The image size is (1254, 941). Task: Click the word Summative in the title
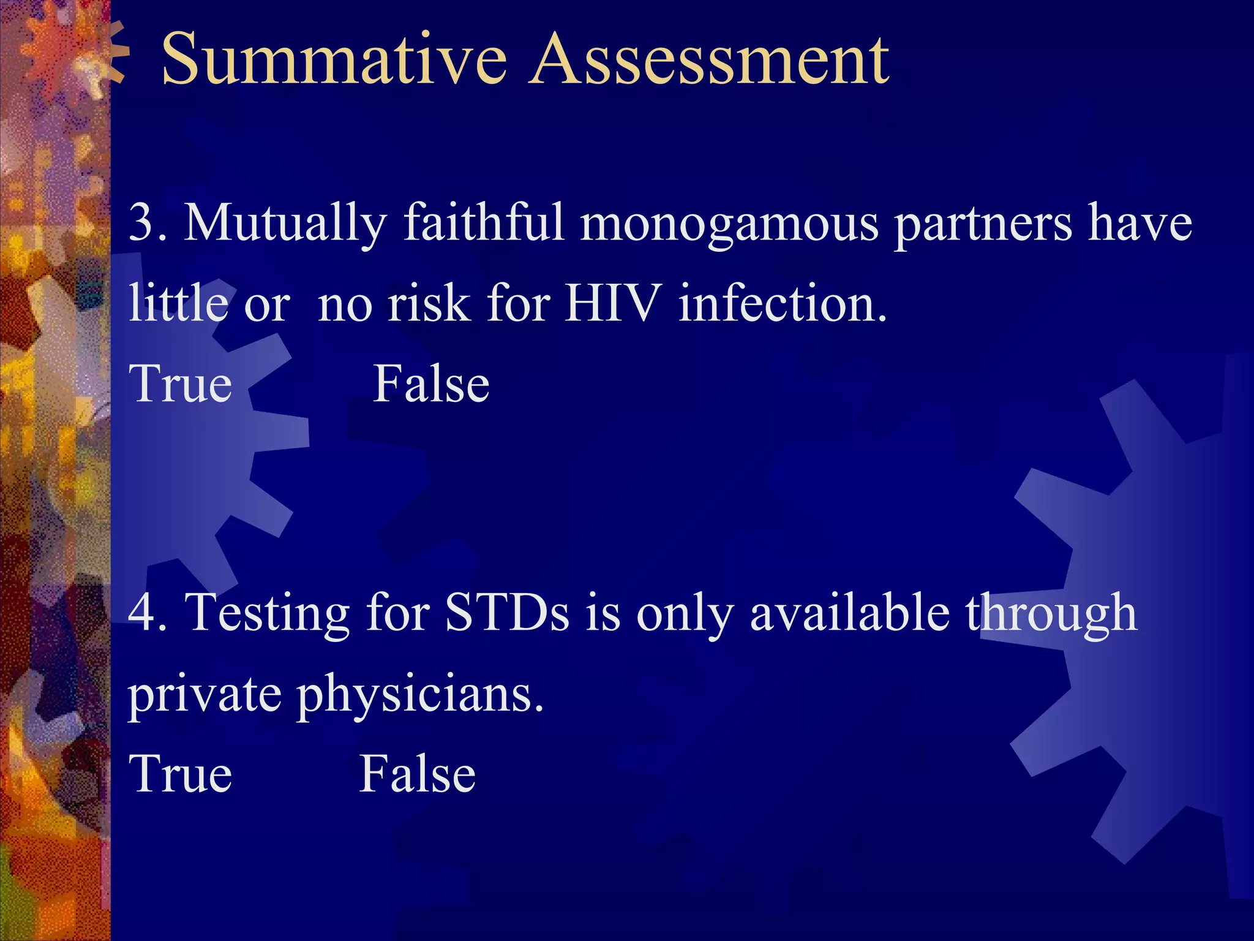click(x=334, y=60)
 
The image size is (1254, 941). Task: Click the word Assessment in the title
click(x=709, y=60)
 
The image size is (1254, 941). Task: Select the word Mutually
click(x=285, y=223)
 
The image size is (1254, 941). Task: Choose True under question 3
click(x=181, y=384)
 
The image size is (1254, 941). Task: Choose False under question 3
click(x=431, y=384)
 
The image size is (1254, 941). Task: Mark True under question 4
click(x=181, y=774)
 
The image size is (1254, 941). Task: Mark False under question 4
click(x=417, y=774)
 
